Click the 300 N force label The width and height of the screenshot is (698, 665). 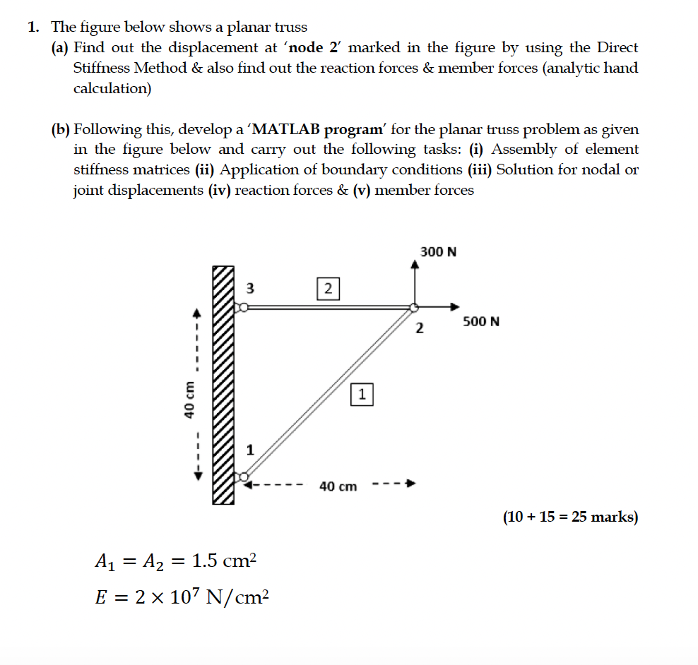tap(438, 251)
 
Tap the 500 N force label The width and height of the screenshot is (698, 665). tap(481, 322)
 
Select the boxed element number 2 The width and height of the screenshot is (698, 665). tap(328, 288)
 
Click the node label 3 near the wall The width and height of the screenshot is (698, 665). tap(249, 288)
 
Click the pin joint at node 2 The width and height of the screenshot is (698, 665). tap(415, 307)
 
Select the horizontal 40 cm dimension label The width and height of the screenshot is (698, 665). tap(338, 486)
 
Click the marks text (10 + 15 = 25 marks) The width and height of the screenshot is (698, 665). tap(570, 517)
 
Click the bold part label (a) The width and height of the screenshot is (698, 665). tap(60, 48)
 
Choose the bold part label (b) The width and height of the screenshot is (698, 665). tap(61, 130)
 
